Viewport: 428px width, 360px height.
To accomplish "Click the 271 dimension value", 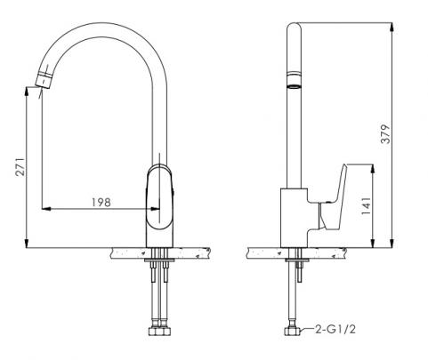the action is (x=20, y=167).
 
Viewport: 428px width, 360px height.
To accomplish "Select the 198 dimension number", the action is (x=101, y=203).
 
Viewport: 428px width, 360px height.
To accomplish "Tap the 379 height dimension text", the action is (x=386, y=134).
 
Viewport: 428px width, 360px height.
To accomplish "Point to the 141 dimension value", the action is (x=367, y=205).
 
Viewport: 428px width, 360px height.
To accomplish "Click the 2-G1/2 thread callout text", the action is (x=335, y=329).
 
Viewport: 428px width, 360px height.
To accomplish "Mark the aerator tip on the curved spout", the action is (x=44, y=78).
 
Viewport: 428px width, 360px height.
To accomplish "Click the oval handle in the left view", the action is (x=159, y=198).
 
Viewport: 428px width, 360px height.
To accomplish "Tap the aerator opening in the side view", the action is (x=294, y=86).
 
